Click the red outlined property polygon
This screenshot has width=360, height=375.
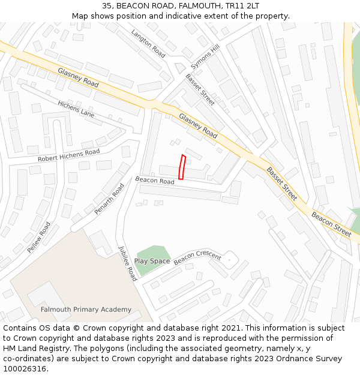point(182,167)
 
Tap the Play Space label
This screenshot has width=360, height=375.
point(152,261)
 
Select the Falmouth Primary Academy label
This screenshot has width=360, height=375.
point(86,310)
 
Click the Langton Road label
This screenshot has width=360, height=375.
point(148,44)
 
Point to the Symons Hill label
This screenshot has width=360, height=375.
point(205,56)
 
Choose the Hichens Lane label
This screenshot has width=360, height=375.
point(76,109)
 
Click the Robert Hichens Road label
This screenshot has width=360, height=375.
point(68,155)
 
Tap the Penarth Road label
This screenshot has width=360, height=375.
point(109,199)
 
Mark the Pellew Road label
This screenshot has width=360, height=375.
point(39,237)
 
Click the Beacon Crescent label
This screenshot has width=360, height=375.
point(197,260)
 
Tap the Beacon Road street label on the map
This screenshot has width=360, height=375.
point(155,180)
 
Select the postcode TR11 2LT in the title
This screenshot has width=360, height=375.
point(241,5)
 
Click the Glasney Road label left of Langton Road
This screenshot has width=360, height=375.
point(78,77)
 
